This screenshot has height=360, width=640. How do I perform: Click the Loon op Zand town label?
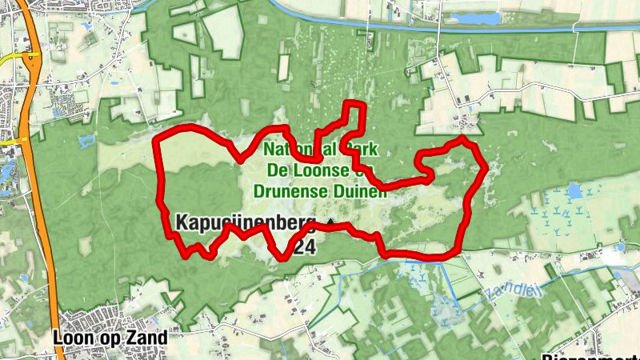point(110,338)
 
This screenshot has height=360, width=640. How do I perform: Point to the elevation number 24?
point(304,248)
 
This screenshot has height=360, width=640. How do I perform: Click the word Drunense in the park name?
point(288,191)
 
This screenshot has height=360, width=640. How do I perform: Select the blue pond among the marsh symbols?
point(574,191)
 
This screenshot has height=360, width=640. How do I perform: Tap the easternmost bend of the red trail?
point(484,168)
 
